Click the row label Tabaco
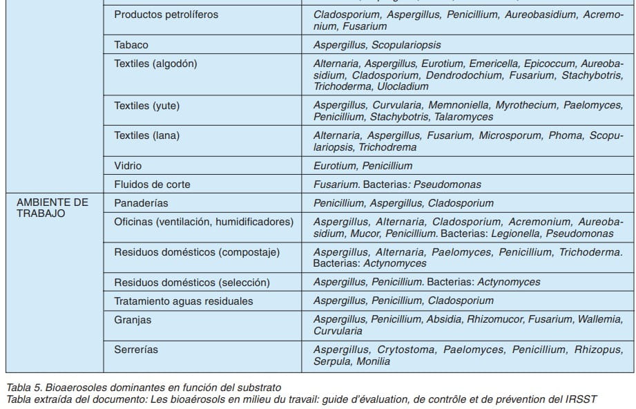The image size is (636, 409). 131,45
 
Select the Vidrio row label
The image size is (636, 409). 128,166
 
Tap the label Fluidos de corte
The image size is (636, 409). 152,184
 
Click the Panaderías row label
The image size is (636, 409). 141,203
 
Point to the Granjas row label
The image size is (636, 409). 133,320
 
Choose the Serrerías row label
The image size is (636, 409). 136,350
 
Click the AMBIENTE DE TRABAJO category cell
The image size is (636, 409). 52,208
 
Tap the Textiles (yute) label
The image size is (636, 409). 148,106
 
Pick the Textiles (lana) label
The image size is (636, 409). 146,135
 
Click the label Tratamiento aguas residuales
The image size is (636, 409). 184,301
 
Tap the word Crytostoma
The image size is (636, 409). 406,350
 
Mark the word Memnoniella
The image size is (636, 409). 458,105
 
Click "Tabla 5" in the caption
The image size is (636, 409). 21,386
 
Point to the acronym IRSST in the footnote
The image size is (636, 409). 581,399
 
